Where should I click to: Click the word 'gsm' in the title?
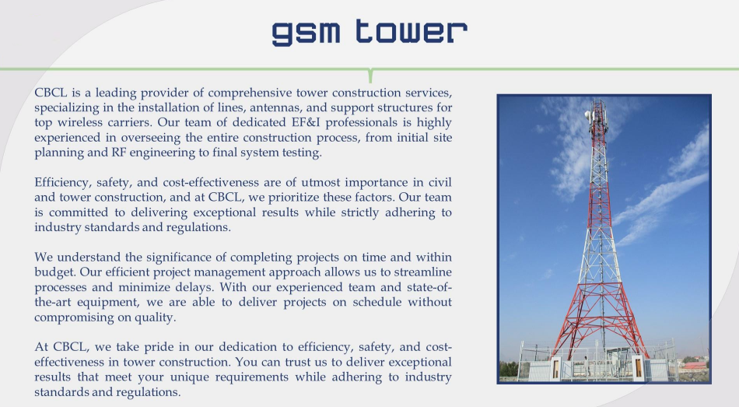[306, 33]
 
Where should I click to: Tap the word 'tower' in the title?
[412, 31]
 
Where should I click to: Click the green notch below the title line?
[370, 75]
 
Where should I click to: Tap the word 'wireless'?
[79, 122]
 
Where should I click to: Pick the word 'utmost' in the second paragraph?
[320, 183]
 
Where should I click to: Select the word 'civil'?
[440, 183]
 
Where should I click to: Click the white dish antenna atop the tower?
[588, 114]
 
